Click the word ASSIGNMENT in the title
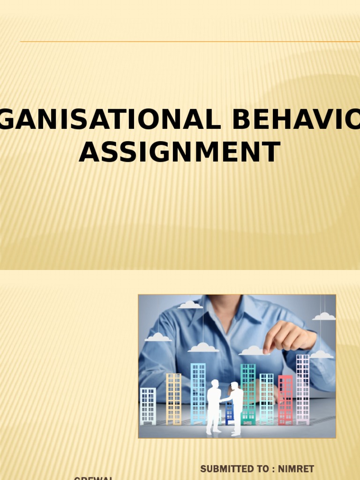point(180,152)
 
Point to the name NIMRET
point(296,469)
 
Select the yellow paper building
point(173,399)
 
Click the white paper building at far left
point(148,406)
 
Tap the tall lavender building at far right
point(303,389)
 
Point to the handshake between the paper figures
point(224,400)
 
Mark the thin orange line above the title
point(187,42)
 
